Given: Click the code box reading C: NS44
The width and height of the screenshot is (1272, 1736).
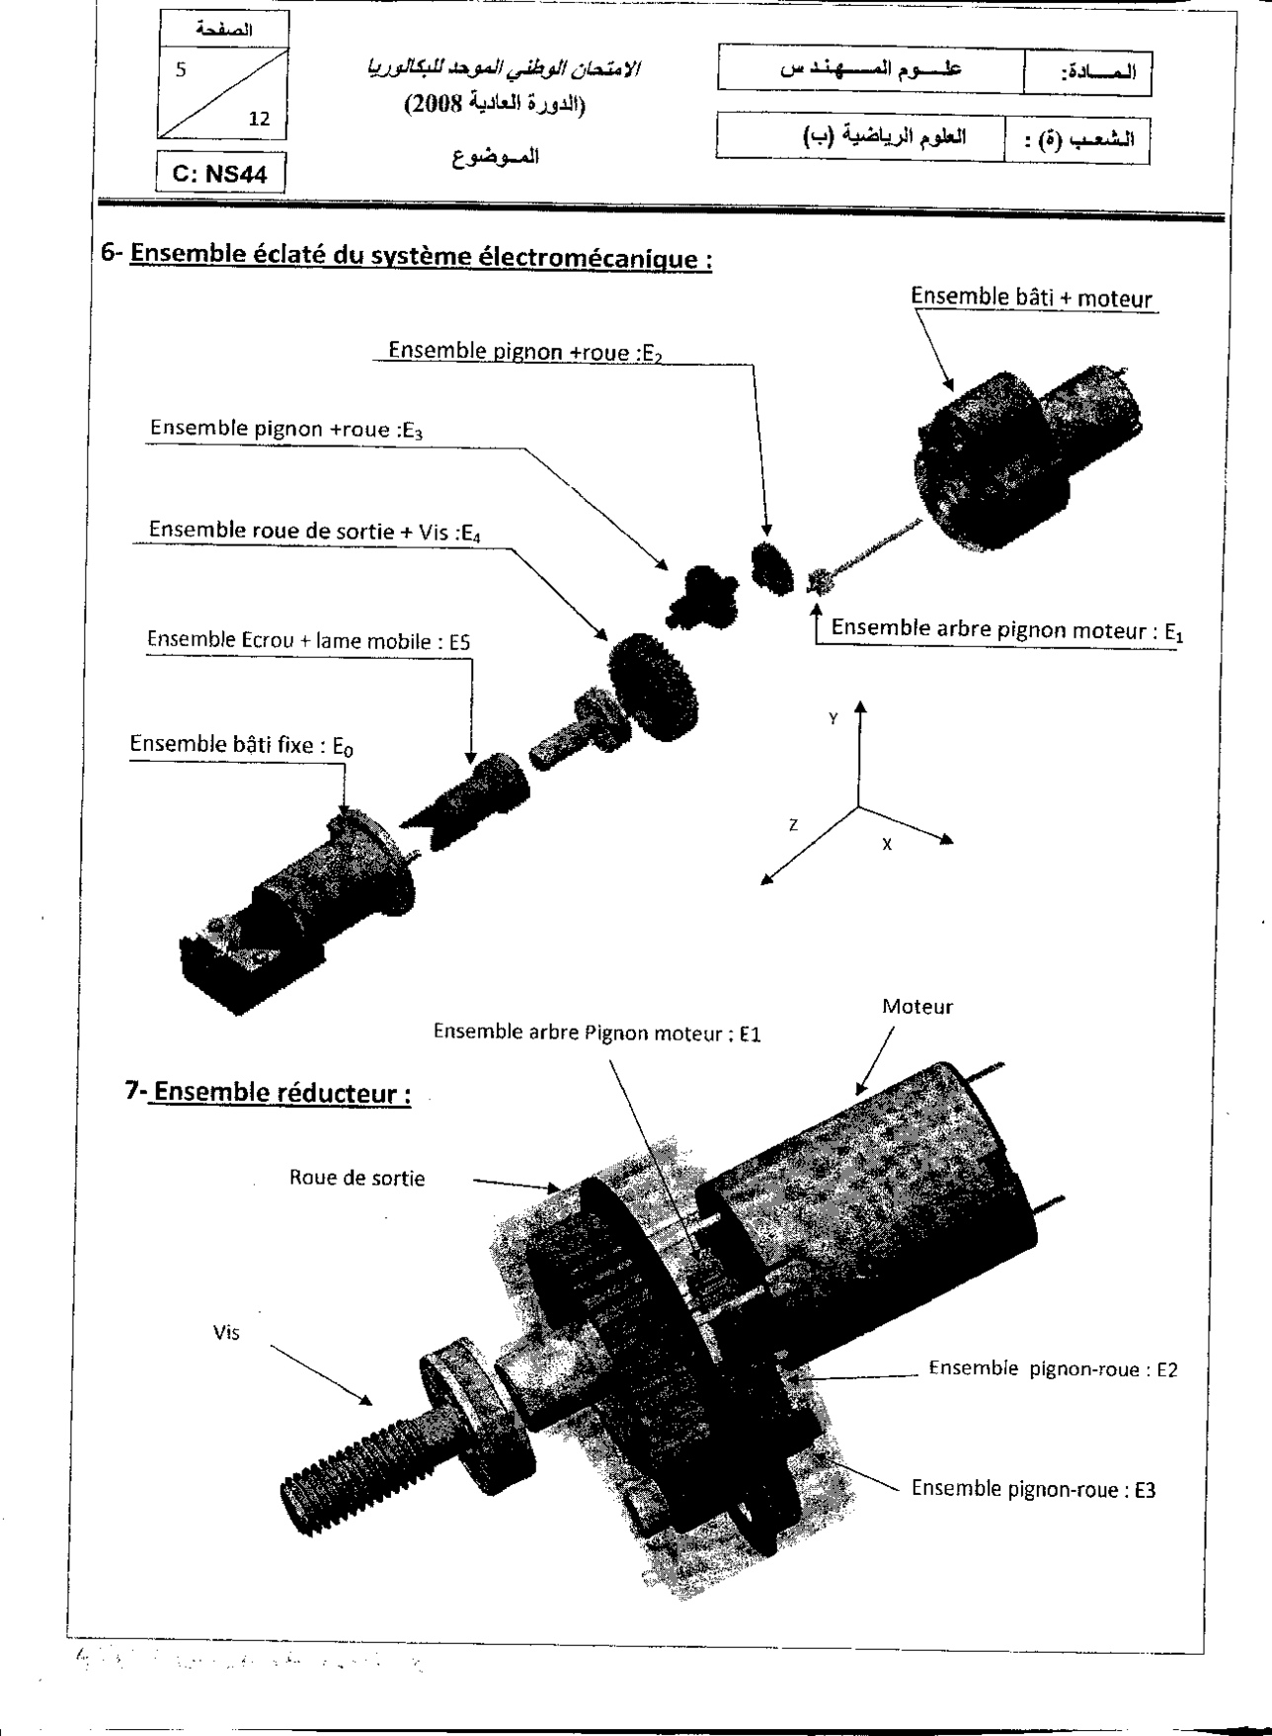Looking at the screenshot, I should point(220,175).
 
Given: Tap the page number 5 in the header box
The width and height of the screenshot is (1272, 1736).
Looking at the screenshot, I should point(181,71).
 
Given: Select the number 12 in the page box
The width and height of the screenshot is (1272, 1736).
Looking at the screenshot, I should point(260,119).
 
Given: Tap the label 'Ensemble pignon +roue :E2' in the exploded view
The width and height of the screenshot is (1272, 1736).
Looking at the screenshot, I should point(523,351).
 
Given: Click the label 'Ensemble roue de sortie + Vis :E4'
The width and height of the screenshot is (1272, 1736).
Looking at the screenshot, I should point(315,531).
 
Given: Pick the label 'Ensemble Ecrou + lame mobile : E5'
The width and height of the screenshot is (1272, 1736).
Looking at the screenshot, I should point(308,641).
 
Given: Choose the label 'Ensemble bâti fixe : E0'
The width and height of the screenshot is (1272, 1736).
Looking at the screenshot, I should point(241,745).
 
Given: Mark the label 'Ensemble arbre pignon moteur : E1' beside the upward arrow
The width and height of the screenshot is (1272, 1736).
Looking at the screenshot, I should point(1006,629).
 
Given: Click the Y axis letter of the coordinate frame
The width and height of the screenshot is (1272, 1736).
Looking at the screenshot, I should point(834,719).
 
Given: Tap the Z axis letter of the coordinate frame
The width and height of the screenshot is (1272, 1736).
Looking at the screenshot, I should point(793,825).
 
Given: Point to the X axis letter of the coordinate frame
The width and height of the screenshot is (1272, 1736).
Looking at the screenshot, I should point(887,845).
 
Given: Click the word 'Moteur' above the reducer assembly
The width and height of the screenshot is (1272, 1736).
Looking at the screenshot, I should point(917,1007).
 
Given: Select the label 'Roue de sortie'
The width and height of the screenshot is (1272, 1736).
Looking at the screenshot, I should point(357,1178).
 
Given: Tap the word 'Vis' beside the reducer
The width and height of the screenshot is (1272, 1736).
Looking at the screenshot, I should point(226,1333).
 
